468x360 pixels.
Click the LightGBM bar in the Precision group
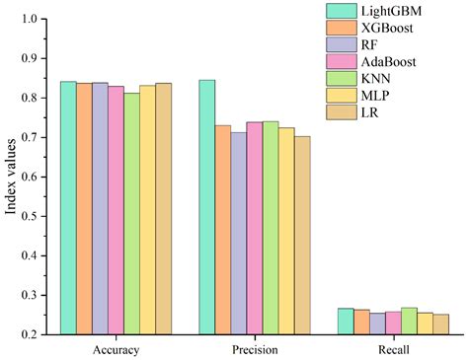207,207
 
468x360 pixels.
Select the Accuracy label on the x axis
116,350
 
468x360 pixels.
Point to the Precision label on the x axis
255,350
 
